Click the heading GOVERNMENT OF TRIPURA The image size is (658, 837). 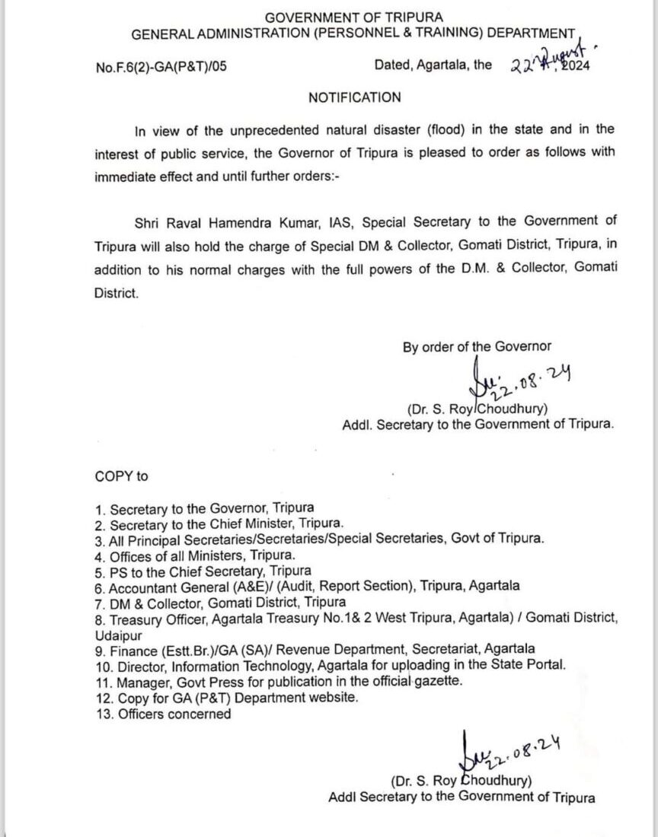[x=353, y=17]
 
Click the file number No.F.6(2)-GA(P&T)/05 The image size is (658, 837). [x=161, y=66]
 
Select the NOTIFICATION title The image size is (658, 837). [x=354, y=97]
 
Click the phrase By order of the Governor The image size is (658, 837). [x=477, y=347]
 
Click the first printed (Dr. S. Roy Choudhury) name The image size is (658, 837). [x=477, y=409]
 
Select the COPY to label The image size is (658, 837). [x=122, y=476]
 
